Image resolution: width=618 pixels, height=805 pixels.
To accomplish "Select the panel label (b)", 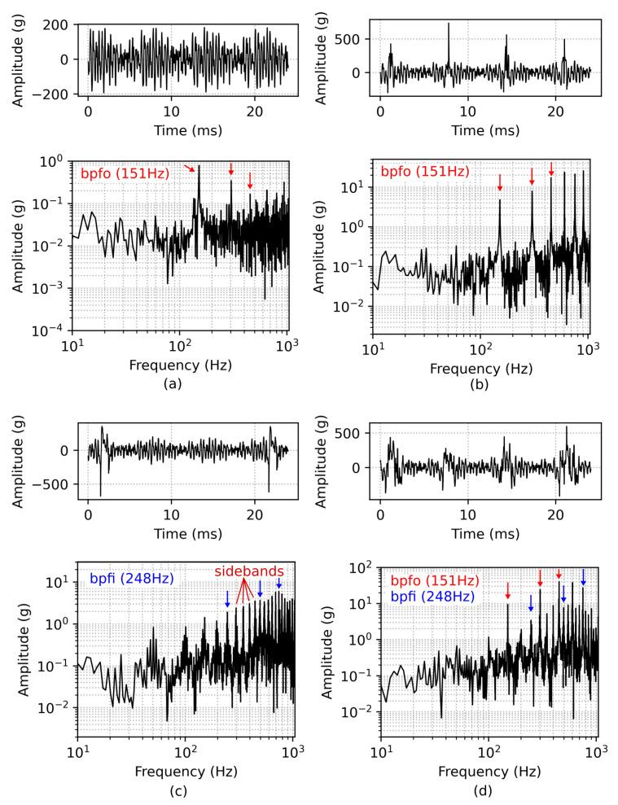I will click(x=480, y=383).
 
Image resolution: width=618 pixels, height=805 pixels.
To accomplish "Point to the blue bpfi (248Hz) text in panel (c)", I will click(x=133, y=580).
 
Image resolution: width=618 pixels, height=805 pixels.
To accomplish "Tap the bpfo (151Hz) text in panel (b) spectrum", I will click(x=426, y=172).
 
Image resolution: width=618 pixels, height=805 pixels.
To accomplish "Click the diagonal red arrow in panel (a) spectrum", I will click(x=191, y=168).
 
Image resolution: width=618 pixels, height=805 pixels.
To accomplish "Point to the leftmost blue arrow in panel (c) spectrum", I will click(x=227, y=598).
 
